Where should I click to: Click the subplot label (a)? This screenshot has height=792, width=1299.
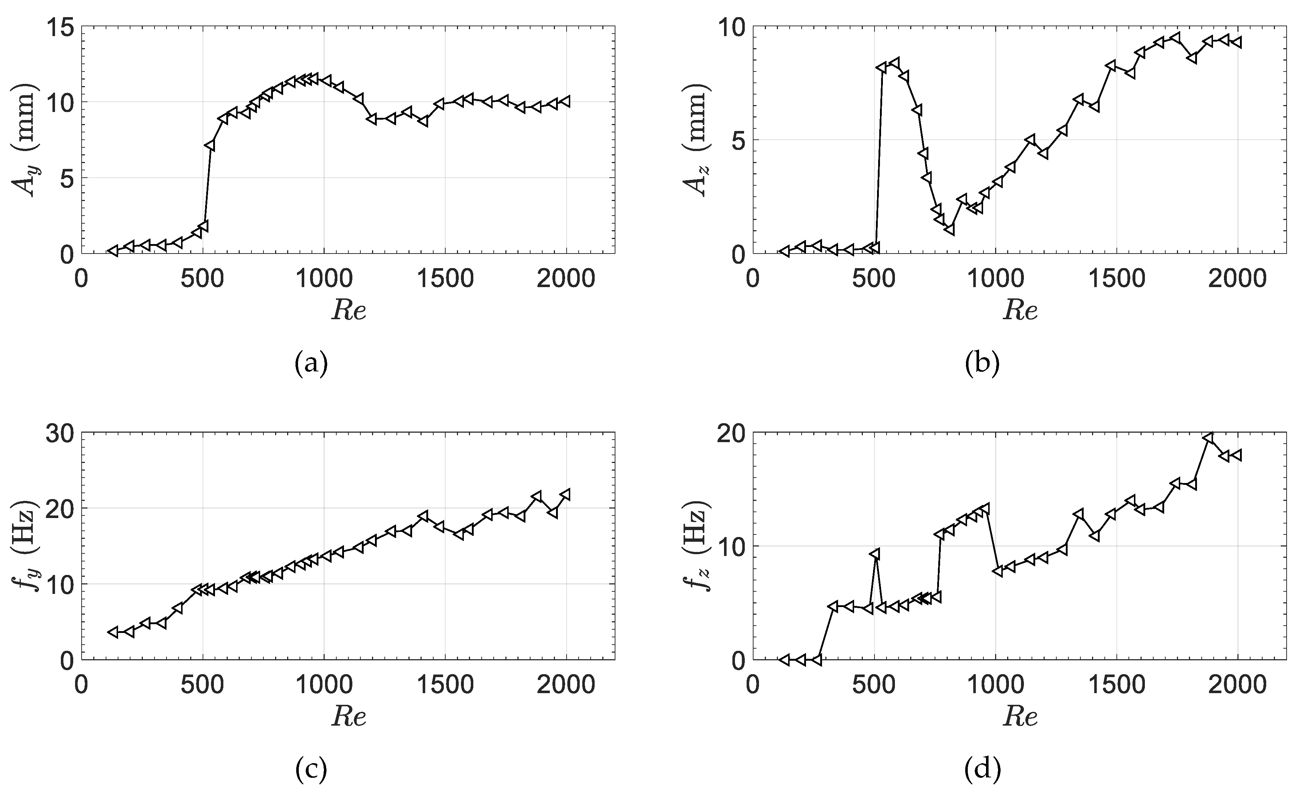[x=311, y=364]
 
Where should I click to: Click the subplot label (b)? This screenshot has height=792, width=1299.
[x=982, y=364]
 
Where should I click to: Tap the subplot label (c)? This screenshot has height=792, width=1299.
[x=311, y=771]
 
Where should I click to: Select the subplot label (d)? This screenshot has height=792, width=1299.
[x=982, y=771]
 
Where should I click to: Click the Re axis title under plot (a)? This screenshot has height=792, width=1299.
[x=348, y=310]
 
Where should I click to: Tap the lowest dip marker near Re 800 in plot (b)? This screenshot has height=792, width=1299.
[x=950, y=229]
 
